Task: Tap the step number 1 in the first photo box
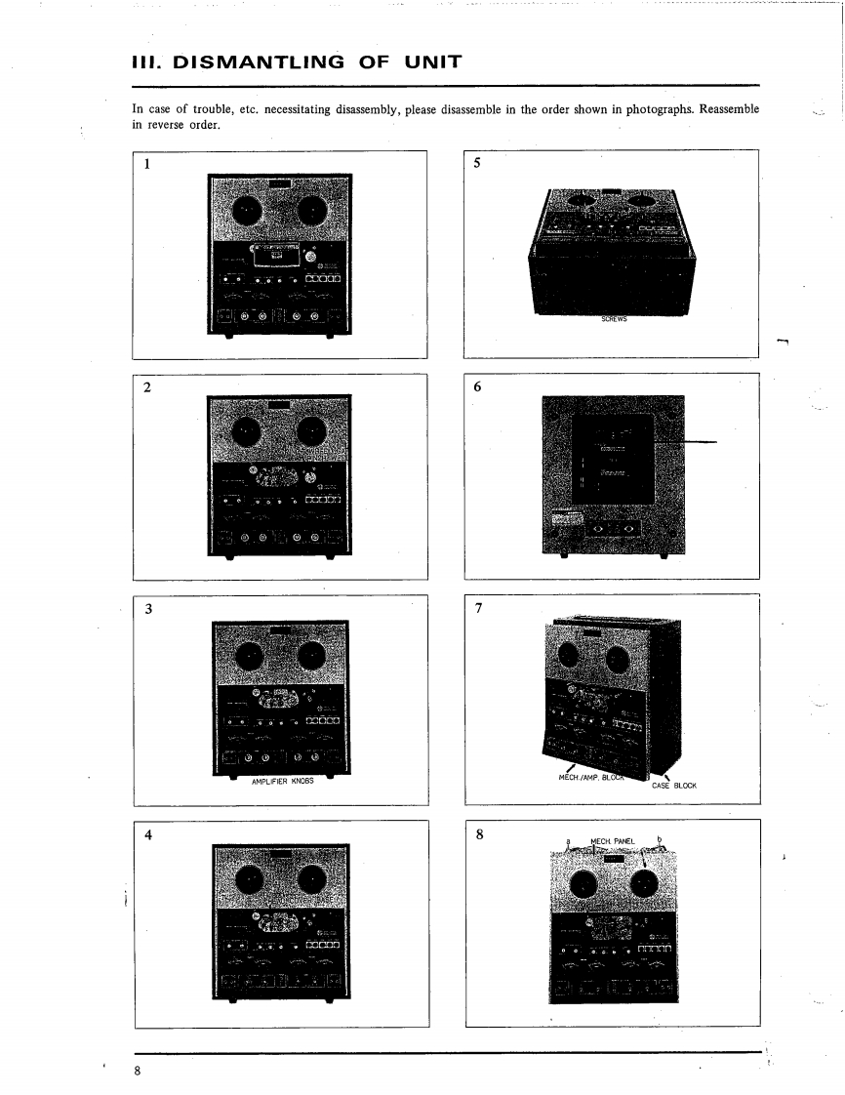pyautogui.click(x=146, y=165)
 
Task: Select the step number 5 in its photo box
pyautogui.click(x=477, y=164)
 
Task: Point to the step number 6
pyautogui.click(x=477, y=386)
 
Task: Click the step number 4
pyautogui.click(x=147, y=835)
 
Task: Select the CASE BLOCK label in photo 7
pyautogui.click(x=672, y=784)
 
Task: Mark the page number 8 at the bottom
pyautogui.click(x=139, y=1071)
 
